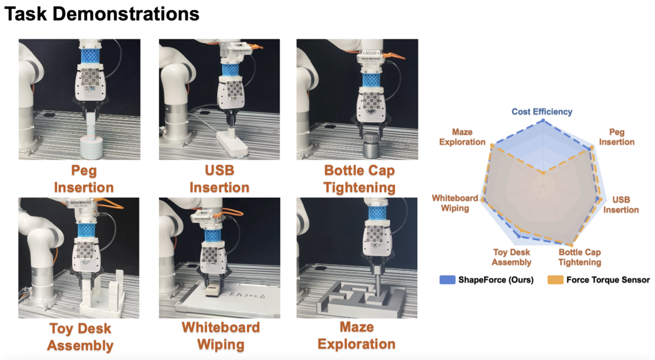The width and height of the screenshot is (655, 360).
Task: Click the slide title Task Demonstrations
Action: point(102,14)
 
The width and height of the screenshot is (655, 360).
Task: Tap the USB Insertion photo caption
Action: point(219,179)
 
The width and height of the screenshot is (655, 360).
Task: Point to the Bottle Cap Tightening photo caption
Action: point(359,179)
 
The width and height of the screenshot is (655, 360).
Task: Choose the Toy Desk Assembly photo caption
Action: point(80,338)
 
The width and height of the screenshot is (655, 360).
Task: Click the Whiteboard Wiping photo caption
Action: point(220,336)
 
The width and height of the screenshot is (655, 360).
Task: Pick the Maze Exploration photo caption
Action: point(357,336)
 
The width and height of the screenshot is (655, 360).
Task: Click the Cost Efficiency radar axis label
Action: point(542,112)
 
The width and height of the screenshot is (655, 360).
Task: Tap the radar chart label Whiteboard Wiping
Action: point(450,203)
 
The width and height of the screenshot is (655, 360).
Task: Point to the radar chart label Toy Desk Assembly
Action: point(511,257)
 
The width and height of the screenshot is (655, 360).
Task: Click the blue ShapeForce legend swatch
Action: point(447,280)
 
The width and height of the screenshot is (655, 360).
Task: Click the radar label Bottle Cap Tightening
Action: point(579,257)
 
